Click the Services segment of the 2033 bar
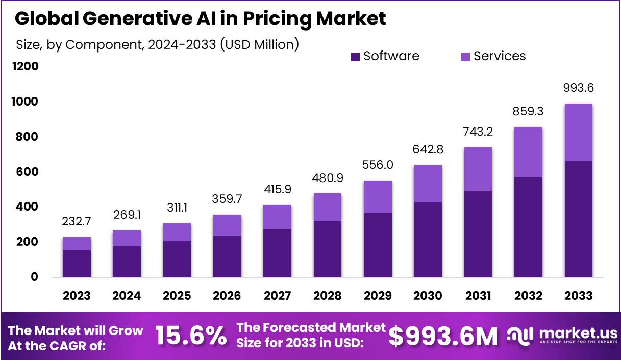(x=578, y=132)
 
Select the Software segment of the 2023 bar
(x=77, y=264)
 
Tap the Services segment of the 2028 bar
(x=328, y=207)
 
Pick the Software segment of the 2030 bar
(x=428, y=240)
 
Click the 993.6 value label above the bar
(x=578, y=88)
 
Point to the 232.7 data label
(x=77, y=222)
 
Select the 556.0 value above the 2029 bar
(x=378, y=165)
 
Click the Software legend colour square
(x=356, y=57)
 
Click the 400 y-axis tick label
(x=26, y=207)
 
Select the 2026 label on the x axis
(x=227, y=296)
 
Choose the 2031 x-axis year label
(x=478, y=296)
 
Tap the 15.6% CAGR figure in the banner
(x=191, y=336)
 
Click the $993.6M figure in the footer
(x=443, y=336)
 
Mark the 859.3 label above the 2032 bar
(x=528, y=111)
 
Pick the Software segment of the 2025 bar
(x=177, y=259)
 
